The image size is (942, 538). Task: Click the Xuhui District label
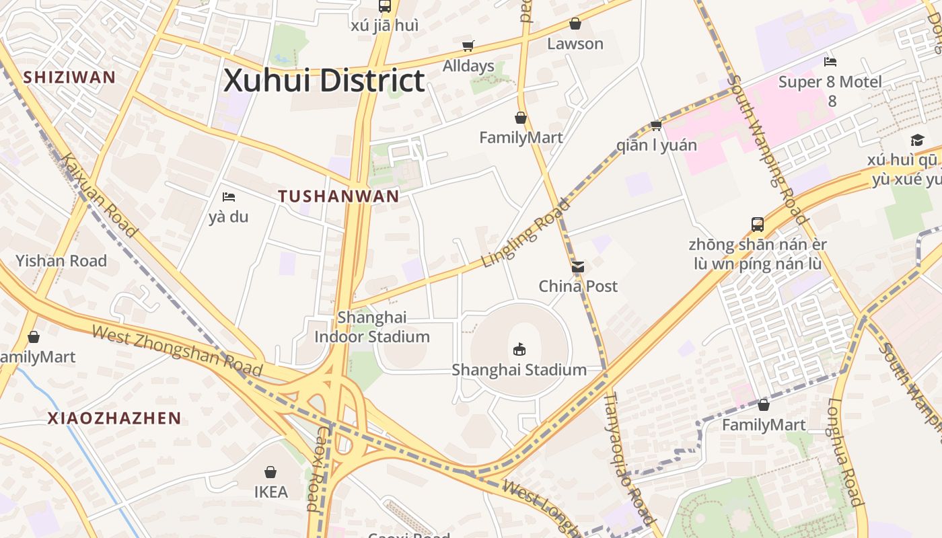point(324,81)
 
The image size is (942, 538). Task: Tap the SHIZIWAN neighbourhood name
point(69,77)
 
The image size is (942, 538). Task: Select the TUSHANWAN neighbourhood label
point(338,196)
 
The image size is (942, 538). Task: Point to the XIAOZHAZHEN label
point(114,418)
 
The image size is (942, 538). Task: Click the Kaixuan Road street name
point(99,195)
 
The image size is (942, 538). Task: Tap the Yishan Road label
point(61,261)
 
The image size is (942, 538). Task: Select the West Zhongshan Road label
point(176,350)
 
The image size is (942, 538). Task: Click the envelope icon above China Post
point(577,267)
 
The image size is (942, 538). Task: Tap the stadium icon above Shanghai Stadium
point(519,350)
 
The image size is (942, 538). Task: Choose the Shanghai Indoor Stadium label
point(372,327)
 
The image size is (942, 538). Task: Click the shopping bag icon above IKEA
point(270,472)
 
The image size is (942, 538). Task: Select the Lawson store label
point(575,44)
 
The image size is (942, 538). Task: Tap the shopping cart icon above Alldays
point(468,46)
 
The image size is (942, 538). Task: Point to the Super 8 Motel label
point(830,82)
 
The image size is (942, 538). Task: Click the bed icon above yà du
point(229,197)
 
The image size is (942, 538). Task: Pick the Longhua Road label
point(844,452)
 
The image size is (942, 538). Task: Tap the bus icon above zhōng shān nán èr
point(758,224)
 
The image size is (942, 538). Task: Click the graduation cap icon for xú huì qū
point(917,140)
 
